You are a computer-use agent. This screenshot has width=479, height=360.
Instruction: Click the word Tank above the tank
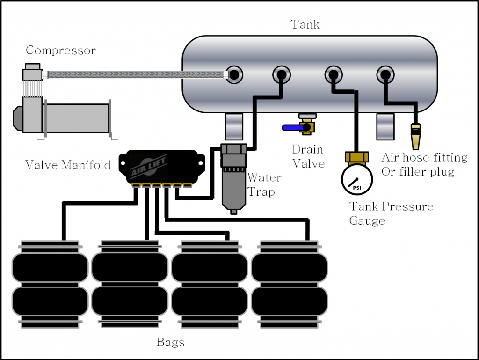305,24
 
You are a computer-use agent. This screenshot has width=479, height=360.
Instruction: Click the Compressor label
60,50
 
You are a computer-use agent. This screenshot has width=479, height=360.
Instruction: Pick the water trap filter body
233,178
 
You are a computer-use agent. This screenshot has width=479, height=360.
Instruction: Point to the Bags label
170,342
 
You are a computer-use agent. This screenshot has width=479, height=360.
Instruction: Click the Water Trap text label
264,184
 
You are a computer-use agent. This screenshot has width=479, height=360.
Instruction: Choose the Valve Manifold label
68,165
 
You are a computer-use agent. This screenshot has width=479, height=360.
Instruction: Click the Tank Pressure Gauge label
391,213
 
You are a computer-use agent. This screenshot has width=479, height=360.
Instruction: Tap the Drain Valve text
308,156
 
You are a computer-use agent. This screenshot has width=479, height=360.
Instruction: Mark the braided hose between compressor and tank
136,74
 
